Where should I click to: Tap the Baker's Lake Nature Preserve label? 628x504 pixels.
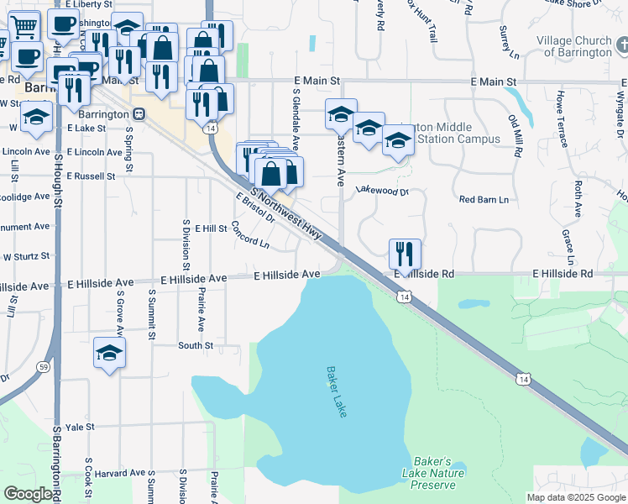tap(432, 473)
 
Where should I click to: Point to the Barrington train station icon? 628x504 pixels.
tap(141, 113)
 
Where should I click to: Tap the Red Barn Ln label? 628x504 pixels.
tap(484, 200)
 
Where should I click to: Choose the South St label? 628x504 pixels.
tap(196, 345)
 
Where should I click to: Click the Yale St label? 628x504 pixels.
tap(79, 427)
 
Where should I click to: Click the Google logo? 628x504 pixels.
tap(28, 494)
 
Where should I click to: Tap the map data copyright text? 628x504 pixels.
tap(575, 497)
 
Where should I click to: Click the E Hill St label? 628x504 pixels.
tap(211, 228)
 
